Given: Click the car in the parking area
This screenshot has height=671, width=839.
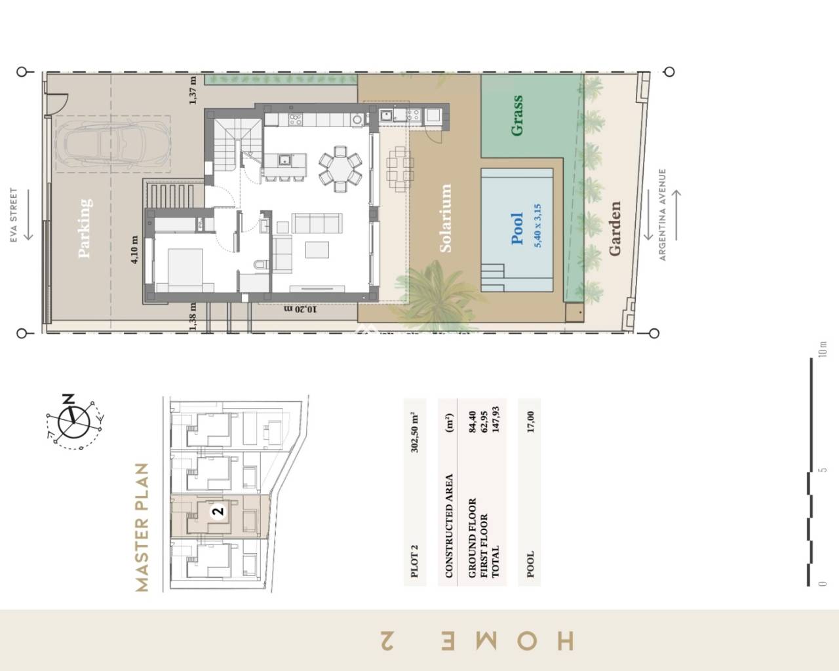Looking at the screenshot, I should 112,145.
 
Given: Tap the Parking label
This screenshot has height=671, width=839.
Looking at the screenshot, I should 85,228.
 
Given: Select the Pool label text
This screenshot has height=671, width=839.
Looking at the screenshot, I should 517,228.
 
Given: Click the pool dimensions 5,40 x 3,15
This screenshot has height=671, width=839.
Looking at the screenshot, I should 538,225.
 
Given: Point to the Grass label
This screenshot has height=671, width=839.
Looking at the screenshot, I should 517,115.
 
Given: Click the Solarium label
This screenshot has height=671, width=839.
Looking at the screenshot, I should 445,218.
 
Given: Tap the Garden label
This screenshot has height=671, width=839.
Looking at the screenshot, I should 614,229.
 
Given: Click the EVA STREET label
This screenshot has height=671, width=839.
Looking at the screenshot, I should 14,216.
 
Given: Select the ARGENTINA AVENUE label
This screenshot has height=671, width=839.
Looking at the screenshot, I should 662,215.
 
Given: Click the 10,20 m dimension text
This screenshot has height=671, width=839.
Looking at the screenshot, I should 300,309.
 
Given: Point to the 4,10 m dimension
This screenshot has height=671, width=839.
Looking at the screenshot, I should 135,250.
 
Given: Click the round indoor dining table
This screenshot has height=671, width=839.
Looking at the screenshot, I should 340,168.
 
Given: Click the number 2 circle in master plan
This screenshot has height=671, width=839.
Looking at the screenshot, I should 219,511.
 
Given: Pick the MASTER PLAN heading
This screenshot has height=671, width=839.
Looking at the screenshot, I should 142,527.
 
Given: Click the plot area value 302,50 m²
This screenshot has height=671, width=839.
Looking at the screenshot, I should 415,432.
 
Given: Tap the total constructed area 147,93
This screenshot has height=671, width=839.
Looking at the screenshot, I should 496,427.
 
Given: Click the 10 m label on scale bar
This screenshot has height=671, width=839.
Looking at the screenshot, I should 823,349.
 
